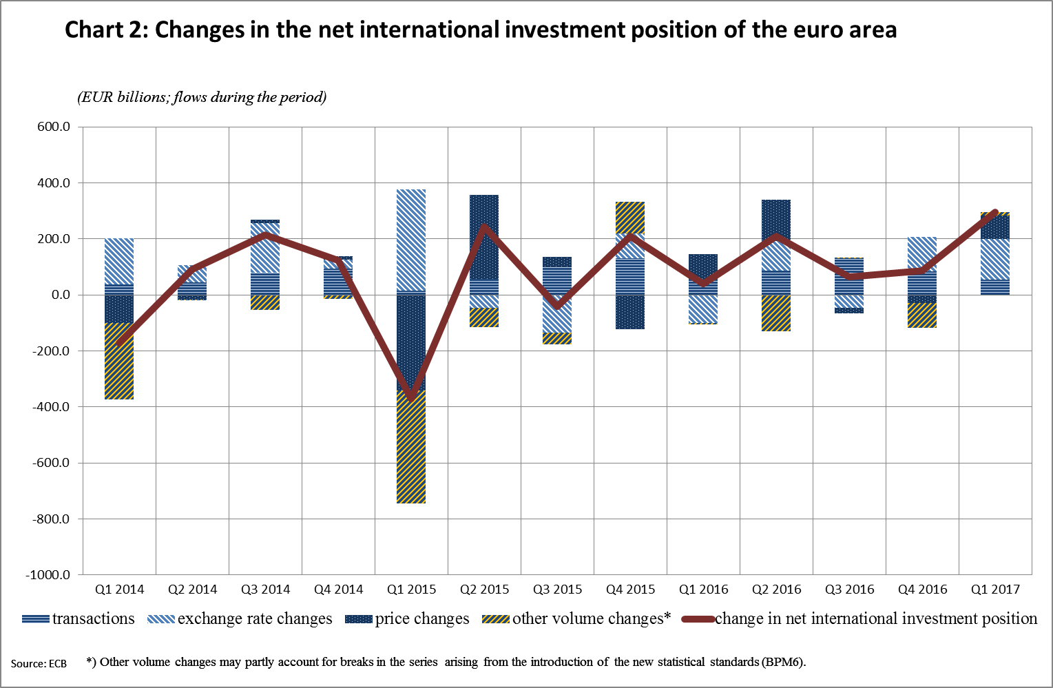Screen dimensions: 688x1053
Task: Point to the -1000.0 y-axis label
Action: click(48, 574)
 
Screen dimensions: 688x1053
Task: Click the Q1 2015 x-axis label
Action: click(411, 590)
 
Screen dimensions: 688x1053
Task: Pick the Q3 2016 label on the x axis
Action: click(849, 590)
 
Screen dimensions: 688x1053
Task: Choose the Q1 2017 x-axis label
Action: click(995, 590)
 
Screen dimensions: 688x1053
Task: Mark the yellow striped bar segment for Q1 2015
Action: click(411, 448)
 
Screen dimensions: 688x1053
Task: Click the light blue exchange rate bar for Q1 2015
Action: click(411, 241)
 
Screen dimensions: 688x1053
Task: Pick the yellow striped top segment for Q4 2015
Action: click(630, 218)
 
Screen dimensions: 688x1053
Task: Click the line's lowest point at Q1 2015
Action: click(411, 397)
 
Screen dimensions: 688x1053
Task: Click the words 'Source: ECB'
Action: click(39, 664)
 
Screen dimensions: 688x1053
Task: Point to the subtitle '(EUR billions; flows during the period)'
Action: click(202, 97)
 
